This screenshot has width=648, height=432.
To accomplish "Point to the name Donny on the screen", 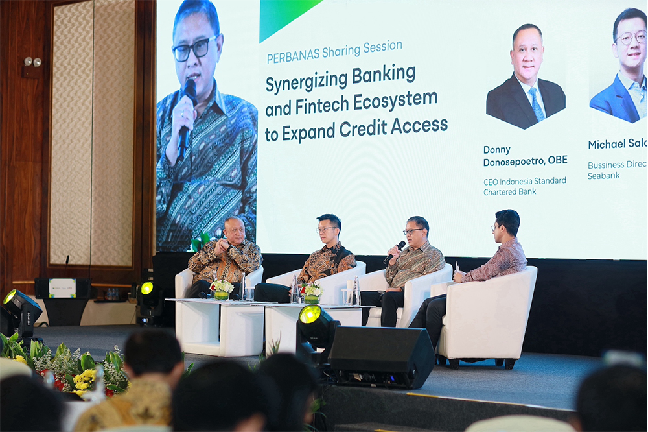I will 497,149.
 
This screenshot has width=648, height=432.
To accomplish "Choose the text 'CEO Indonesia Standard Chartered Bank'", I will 524,186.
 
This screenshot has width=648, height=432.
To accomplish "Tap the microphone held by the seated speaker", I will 394,252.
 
